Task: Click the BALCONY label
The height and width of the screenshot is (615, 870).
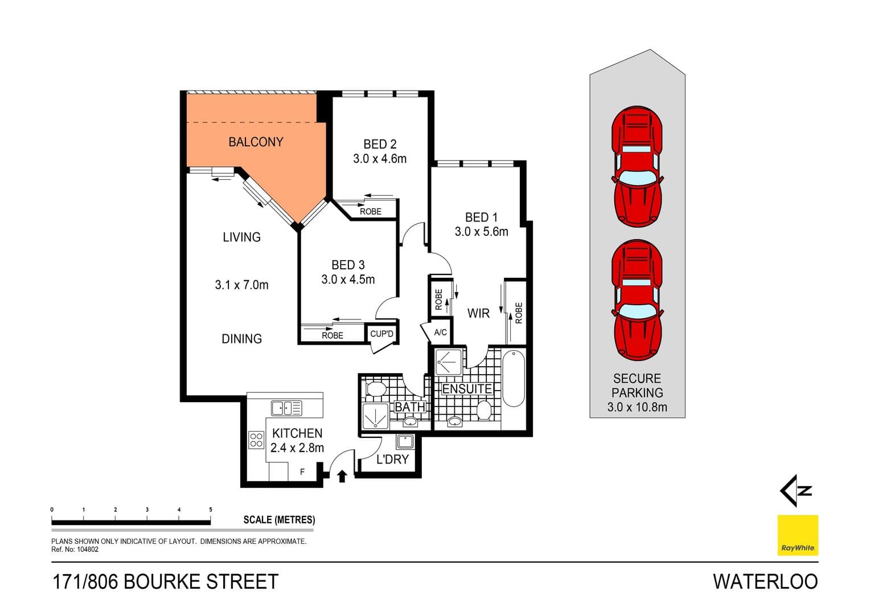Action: coord(256,142)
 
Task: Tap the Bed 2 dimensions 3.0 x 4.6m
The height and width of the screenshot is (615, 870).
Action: coord(380,159)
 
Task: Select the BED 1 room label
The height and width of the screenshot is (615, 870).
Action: coord(481,217)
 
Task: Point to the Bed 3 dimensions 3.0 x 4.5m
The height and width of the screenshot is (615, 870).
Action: coord(348,280)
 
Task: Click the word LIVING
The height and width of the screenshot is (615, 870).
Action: coord(241,237)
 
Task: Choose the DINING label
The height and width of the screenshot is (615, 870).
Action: coord(241,339)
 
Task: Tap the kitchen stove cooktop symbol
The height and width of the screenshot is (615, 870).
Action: coord(256,440)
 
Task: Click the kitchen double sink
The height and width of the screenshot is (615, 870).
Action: coord(286,408)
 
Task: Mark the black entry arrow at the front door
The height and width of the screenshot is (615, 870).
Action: coord(342,476)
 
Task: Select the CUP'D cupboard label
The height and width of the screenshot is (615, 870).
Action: coord(381,334)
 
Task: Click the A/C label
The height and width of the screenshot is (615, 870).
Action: coord(440,333)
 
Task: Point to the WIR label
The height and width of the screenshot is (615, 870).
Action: coord(478,313)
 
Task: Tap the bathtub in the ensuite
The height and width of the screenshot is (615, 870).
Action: coord(513,379)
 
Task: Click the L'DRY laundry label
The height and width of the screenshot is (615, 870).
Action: coord(392,460)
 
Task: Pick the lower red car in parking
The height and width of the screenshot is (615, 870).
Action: coord(637,300)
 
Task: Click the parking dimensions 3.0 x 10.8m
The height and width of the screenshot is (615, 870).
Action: coord(637,407)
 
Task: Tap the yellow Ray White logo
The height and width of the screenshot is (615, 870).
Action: coord(798,535)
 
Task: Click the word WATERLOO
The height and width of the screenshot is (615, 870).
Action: coord(765,581)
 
